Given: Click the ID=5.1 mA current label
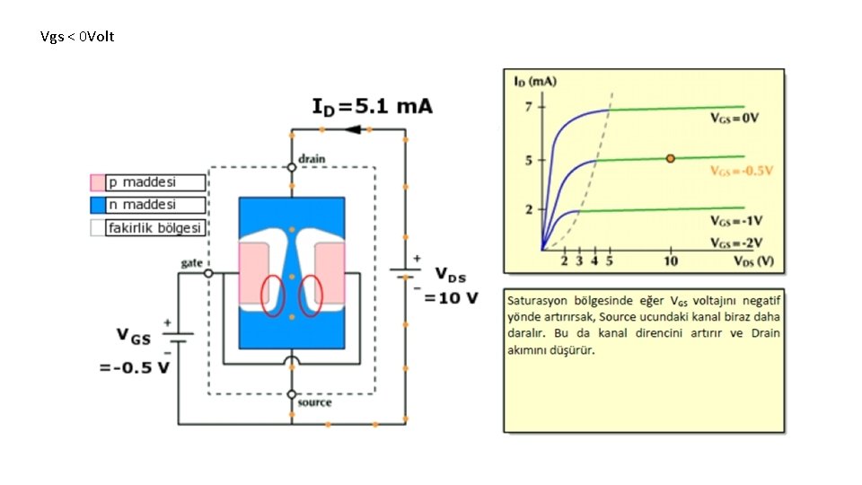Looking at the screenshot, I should [x=372, y=107].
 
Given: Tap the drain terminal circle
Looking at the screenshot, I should [x=292, y=166].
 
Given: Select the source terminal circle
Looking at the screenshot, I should [x=292, y=394].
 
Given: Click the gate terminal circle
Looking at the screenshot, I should [x=208, y=272].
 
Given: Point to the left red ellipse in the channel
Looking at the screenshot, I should [x=273, y=295].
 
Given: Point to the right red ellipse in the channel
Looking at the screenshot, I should [x=311, y=295].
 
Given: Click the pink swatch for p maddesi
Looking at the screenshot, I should [x=97, y=182].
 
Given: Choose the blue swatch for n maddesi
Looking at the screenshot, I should [x=97, y=205].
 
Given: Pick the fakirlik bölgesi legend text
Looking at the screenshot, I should [x=154, y=228].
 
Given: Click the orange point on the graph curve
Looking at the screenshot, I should [x=671, y=158].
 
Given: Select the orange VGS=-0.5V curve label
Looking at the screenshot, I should [x=742, y=170].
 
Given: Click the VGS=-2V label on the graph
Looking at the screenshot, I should [x=735, y=243].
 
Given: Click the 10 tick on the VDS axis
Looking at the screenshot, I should [x=671, y=261].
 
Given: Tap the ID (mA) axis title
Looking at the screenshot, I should [x=534, y=81].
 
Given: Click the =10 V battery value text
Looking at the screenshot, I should [x=452, y=297].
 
